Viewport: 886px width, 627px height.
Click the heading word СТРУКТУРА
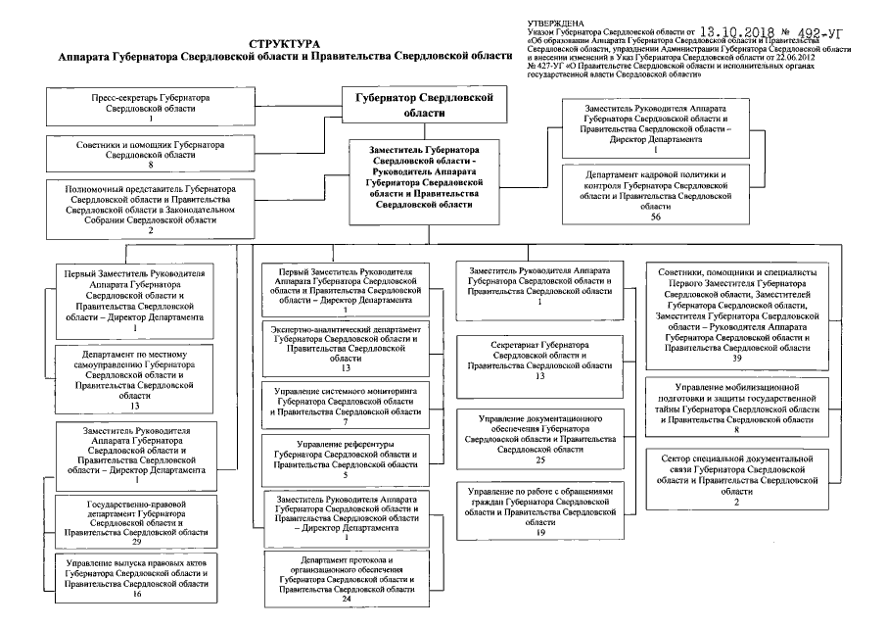pyautogui.click(x=284, y=45)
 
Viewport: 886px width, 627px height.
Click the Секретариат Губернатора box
pyautogui.click(x=539, y=360)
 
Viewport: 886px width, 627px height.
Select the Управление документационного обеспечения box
pyautogui.click(x=539, y=437)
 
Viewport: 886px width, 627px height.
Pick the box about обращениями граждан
pyautogui.click(x=539, y=510)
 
